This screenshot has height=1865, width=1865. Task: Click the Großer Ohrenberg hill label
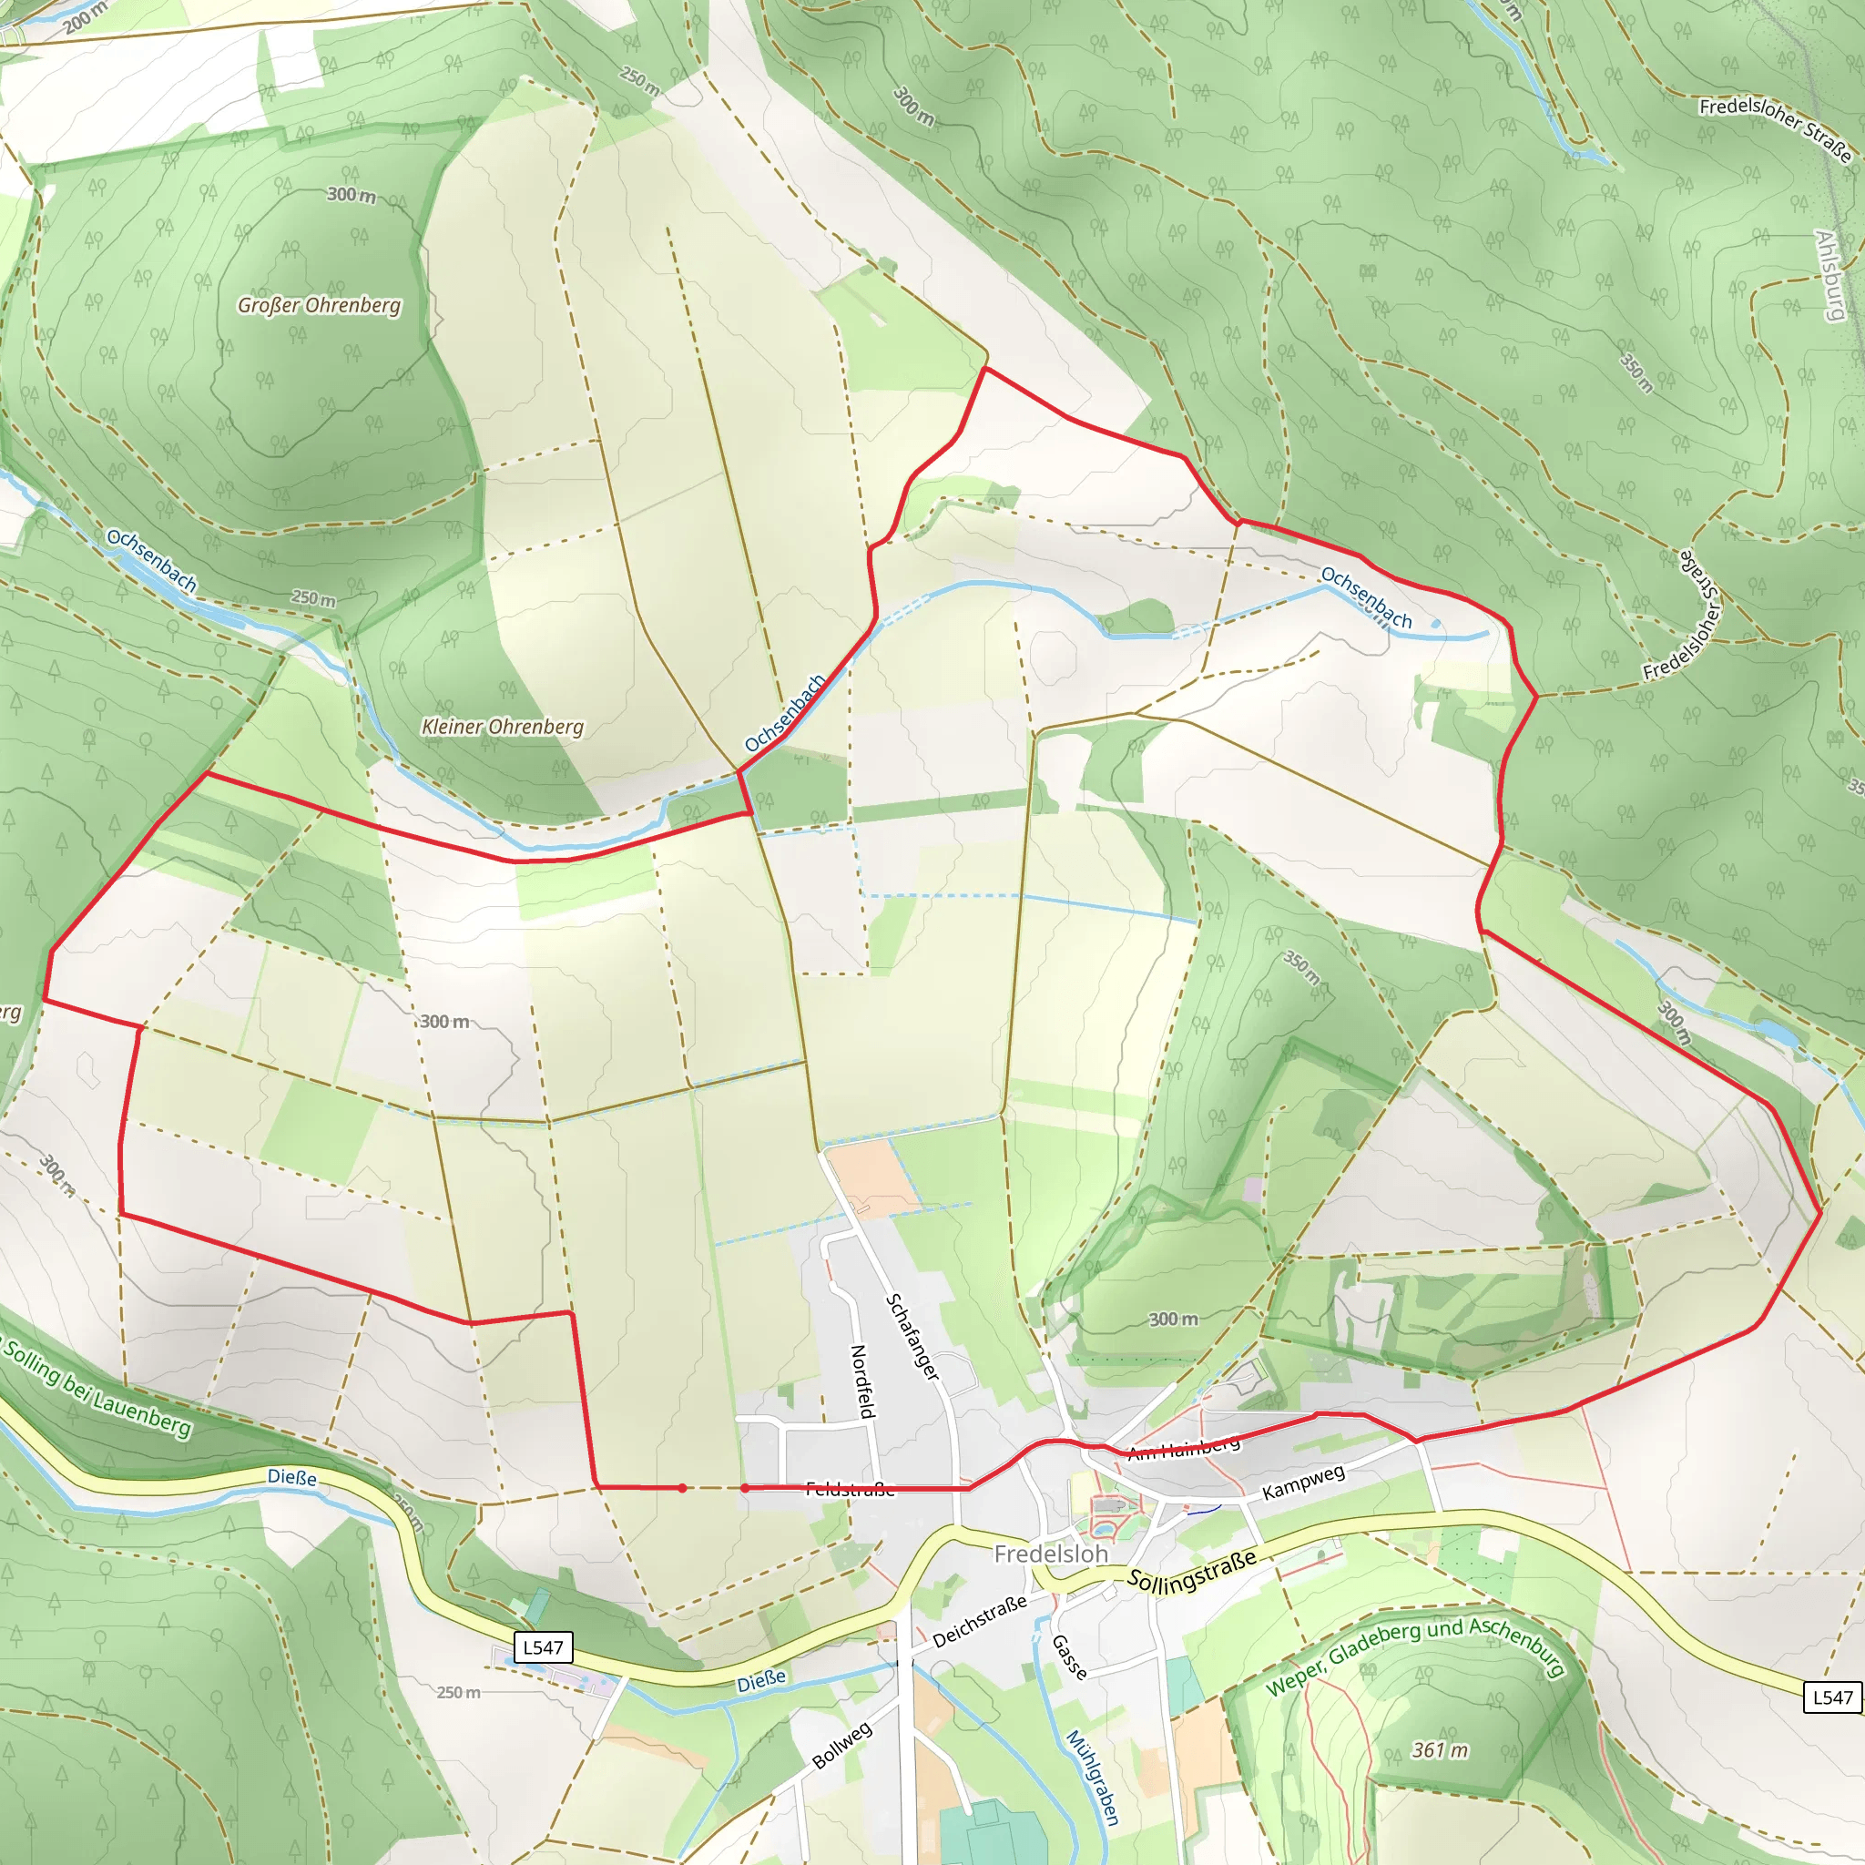[319, 306]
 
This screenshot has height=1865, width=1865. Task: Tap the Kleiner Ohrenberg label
[502, 727]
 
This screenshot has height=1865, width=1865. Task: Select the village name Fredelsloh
[1050, 1554]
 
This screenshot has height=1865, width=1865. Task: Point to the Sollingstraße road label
[1192, 1570]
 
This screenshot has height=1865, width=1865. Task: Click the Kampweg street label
[1303, 1483]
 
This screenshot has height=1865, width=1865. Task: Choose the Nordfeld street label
[862, 1381]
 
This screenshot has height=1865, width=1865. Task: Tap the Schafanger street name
[912, 1337]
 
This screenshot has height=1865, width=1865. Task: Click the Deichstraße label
[979, 1621]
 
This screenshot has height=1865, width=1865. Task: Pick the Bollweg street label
[841, 1746]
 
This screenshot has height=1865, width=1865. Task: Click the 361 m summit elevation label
[1440, 1750]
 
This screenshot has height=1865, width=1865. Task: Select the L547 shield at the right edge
[1832, 1698]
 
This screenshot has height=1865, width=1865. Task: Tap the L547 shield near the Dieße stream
[543, 1647]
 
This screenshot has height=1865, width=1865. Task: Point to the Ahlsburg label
[1830, 275]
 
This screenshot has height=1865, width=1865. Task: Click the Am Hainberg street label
[1184, 1448]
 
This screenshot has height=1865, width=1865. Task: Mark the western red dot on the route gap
[682, 1489]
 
